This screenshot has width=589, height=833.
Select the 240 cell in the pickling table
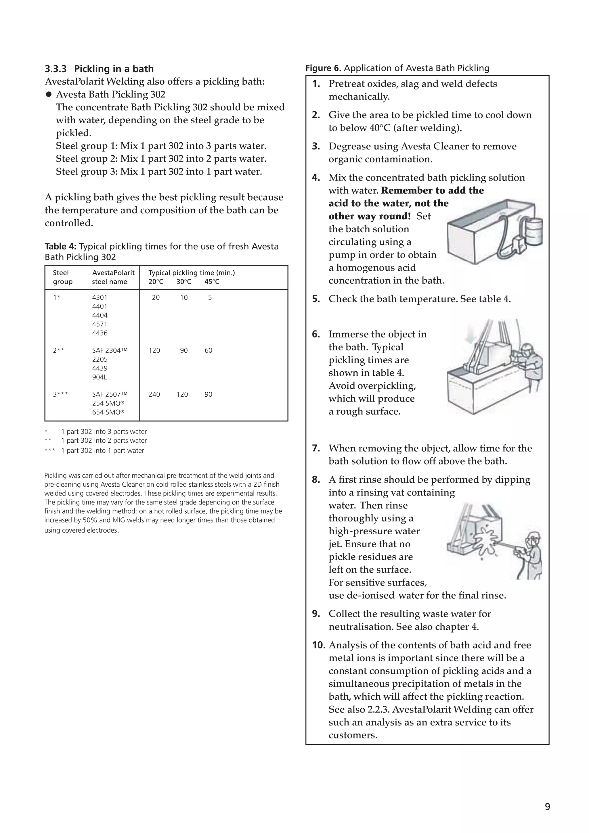(x=154, y=394)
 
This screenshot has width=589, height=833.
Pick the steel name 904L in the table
(x=100, y=377)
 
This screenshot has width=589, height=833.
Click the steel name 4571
(x=100, y=324)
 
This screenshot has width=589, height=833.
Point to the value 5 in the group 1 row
(x=210, y=297)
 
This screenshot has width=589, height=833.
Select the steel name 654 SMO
(x=108, y=412)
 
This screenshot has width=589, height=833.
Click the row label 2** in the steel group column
(x=58, y=350)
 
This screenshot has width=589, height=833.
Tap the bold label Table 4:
(x=60, y=247)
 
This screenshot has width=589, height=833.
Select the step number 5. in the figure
(x=316, y=299)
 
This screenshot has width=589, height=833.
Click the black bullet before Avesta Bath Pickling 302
(x=49, y=95)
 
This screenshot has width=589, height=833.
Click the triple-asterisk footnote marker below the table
(x=50, y=450)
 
